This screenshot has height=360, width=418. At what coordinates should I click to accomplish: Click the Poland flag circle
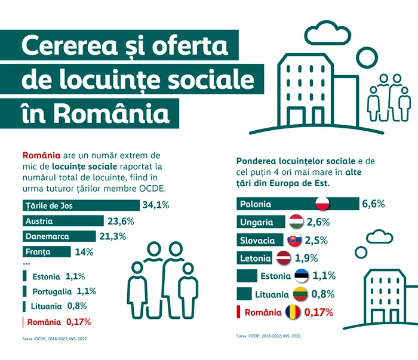322,204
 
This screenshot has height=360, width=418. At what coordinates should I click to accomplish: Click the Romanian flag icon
293,312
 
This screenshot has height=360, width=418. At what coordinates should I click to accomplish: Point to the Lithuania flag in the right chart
300,294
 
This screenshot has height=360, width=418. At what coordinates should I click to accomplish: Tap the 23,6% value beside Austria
121,221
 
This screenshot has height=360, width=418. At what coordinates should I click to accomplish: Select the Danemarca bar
59,236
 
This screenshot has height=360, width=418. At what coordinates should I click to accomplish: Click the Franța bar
47,252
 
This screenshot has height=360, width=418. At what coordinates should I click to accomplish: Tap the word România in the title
110,112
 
